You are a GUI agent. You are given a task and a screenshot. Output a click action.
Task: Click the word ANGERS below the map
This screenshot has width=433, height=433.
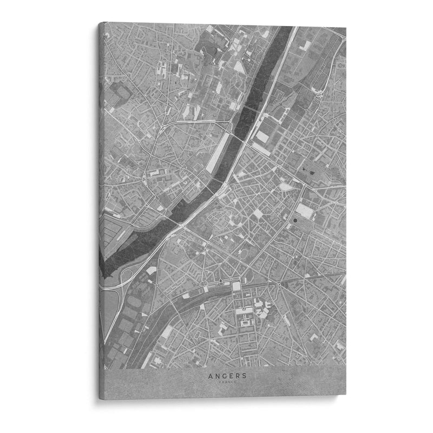point(222,375)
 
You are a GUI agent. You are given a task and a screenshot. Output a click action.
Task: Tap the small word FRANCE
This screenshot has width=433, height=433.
point(222,382)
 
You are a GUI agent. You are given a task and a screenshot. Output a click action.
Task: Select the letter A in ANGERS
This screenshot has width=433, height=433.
point(208,375)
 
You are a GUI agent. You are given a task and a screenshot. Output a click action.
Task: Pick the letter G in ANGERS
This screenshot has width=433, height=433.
point(219,375)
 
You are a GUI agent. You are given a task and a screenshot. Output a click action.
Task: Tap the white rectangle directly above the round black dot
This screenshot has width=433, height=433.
point(305,208)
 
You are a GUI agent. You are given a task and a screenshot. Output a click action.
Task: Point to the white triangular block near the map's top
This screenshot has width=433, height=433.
point(239,66)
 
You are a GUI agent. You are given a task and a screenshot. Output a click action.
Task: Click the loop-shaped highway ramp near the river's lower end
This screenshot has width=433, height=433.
point(122,276)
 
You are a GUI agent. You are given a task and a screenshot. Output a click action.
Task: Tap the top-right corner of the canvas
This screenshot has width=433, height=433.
point(346,27)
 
